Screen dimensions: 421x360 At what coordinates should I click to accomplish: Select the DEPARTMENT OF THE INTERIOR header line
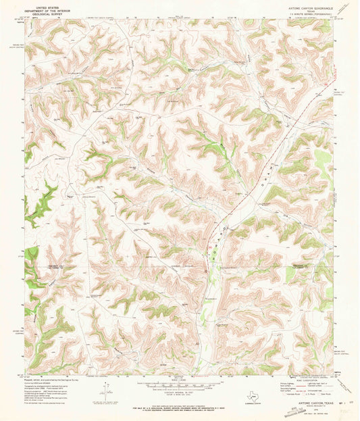tap(47, 8)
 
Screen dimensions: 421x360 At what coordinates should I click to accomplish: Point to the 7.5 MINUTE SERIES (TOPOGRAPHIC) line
tap(301, 11)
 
